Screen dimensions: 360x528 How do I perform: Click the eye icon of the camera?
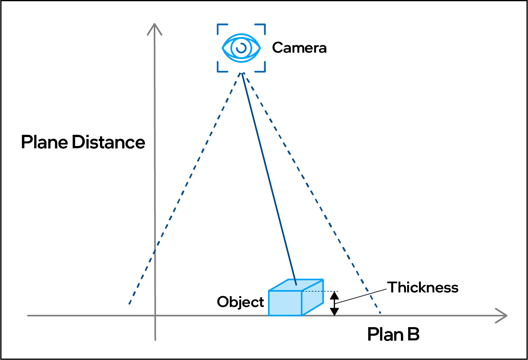coord(241,48)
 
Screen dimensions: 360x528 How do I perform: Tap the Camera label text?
coord(299,48)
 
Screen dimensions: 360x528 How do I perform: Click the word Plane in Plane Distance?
coord(44,142)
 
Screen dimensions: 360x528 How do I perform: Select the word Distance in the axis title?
coord(109,142)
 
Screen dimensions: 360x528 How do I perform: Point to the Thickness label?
coord(423,288)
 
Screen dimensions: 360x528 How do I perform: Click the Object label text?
coord(240,302)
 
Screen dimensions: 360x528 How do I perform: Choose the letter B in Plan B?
coord(413,334)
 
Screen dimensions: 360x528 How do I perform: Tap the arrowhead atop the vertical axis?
coord(154,28)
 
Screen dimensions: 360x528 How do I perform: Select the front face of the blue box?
coord(285,303)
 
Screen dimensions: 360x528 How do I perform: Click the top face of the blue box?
coord(296,285)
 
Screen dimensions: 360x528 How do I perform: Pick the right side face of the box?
coord(312,297)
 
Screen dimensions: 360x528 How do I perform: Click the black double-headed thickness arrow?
coord(335,304)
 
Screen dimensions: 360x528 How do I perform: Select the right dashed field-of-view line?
coord(310,187)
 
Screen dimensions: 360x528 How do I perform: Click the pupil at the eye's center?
coord(241,48)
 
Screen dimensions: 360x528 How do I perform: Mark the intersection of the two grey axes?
coord(155,316)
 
